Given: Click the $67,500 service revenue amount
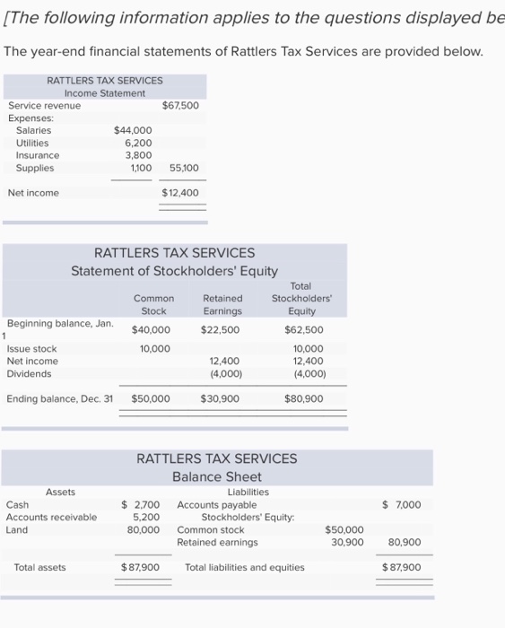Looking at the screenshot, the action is pos(179,106).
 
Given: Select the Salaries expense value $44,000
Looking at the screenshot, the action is pos(133,130).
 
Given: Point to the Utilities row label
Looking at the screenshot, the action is pos(32,143).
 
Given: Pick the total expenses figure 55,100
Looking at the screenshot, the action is pos(183,168).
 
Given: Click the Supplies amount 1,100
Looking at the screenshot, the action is pos(140,168).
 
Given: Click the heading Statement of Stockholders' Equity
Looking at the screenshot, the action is pos(174,271).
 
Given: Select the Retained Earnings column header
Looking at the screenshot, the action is pos(222,305).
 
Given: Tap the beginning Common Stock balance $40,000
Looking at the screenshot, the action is pos(151,329).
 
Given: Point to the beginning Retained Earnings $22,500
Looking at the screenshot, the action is pos(221,329).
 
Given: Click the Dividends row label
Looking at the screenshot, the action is pos(29,374).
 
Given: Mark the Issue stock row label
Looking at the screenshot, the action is pos(31,349).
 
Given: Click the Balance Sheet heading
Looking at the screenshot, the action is pos(216,476).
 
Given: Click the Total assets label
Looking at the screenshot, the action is pos(39,567).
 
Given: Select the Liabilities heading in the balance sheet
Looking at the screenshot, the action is pos(248,492).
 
